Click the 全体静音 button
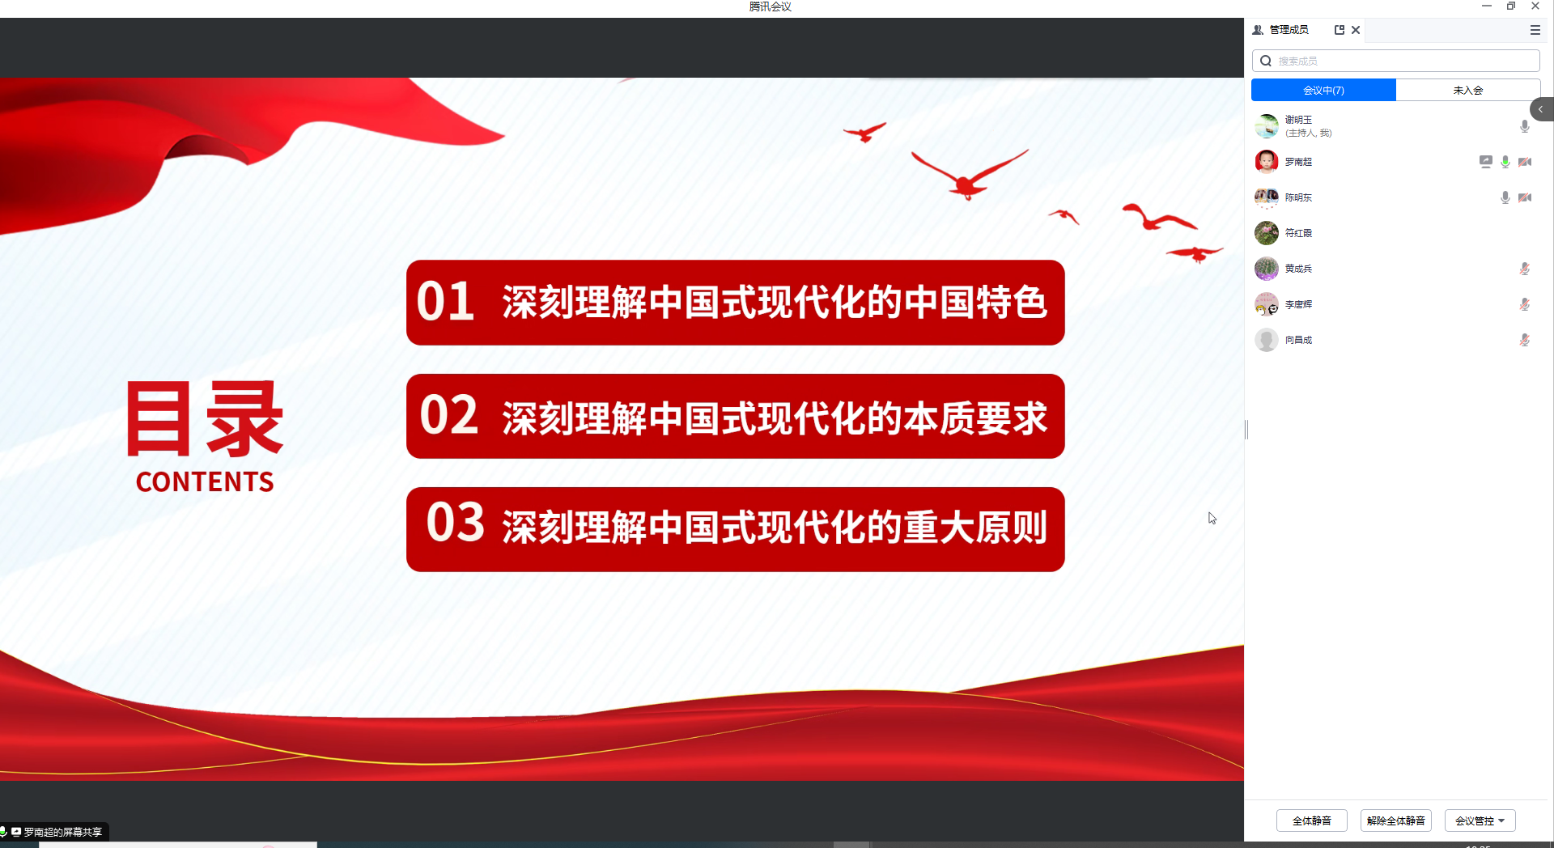tap(1311, 820)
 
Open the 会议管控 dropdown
tap(1480, 820)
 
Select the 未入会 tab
tap(1467, 90)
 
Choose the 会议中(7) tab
tap(1323, 90)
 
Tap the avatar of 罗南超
tap(1267, 162)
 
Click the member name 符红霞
tap(1298, 233)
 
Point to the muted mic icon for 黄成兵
tap(1525, 269)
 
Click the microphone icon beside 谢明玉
tap(1525, 126)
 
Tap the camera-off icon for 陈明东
tap(1525, 197)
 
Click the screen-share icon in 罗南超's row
tap(1486, 162)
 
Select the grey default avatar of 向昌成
tap(1267, 340)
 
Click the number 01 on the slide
tap(445, 301)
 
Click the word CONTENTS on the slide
tap(205, 482)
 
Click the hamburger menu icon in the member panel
tap(1535, 30)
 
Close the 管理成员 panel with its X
tap(1356, 30)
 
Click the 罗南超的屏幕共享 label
tap(63, 832)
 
